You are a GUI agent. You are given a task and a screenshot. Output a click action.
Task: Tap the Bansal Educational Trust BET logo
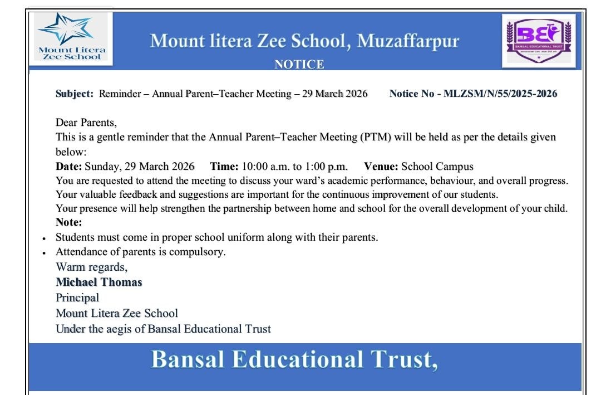(538, 40)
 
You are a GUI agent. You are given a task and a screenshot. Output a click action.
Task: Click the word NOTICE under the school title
(299, 65)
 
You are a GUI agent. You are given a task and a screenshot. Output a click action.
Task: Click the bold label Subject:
(75, 94)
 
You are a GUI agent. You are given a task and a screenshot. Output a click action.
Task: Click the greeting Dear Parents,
(86, 123)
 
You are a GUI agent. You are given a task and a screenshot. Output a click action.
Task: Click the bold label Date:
(69, 166)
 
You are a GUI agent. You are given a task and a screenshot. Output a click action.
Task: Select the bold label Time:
(224, 166)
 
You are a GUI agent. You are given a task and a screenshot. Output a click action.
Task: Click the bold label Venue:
(381, 166)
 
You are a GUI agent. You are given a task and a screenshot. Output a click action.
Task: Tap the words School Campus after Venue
(437, 166)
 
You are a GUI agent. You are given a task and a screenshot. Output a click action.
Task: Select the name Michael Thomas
(99, 282)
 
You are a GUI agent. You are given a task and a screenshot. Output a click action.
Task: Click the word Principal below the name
(77, 298)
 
